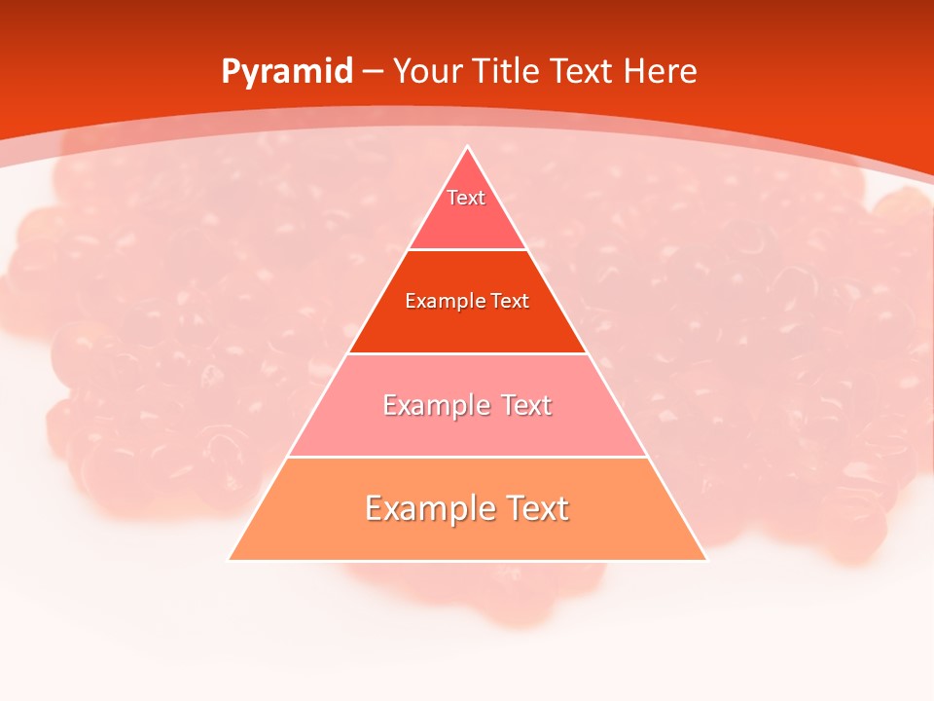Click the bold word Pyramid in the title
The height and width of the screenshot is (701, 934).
coord(287,72)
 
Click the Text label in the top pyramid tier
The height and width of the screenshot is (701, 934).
coord(466,198)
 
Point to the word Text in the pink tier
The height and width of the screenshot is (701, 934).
coord(526,405)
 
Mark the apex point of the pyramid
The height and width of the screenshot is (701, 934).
coord(468,147)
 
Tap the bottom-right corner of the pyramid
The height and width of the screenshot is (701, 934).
coord(706,560)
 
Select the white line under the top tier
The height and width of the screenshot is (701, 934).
coord(468,250)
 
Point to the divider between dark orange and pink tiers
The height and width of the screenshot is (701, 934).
coord(468,353)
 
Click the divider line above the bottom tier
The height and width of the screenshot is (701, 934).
coord(468,457)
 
